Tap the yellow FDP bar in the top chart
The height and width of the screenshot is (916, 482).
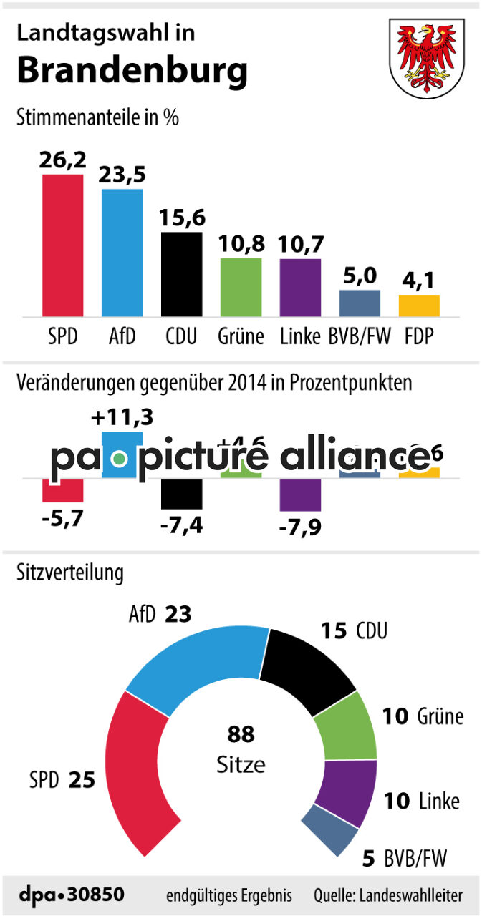(x=419, y=306)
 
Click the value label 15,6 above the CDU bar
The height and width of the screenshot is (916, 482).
(x=181, y=218)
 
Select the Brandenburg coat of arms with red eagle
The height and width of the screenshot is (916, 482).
(x=425, y=55)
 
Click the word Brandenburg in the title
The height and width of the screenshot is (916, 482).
(x=132, y=71)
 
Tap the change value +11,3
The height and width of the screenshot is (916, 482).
(x=122, y=416)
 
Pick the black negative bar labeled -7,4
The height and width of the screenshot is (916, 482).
(x=181, y=494)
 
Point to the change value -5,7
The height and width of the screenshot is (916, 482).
(x=62, y=516)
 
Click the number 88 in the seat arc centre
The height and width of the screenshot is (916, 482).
(x=241, y=734)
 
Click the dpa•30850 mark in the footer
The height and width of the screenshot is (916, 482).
(x=72, y=895)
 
